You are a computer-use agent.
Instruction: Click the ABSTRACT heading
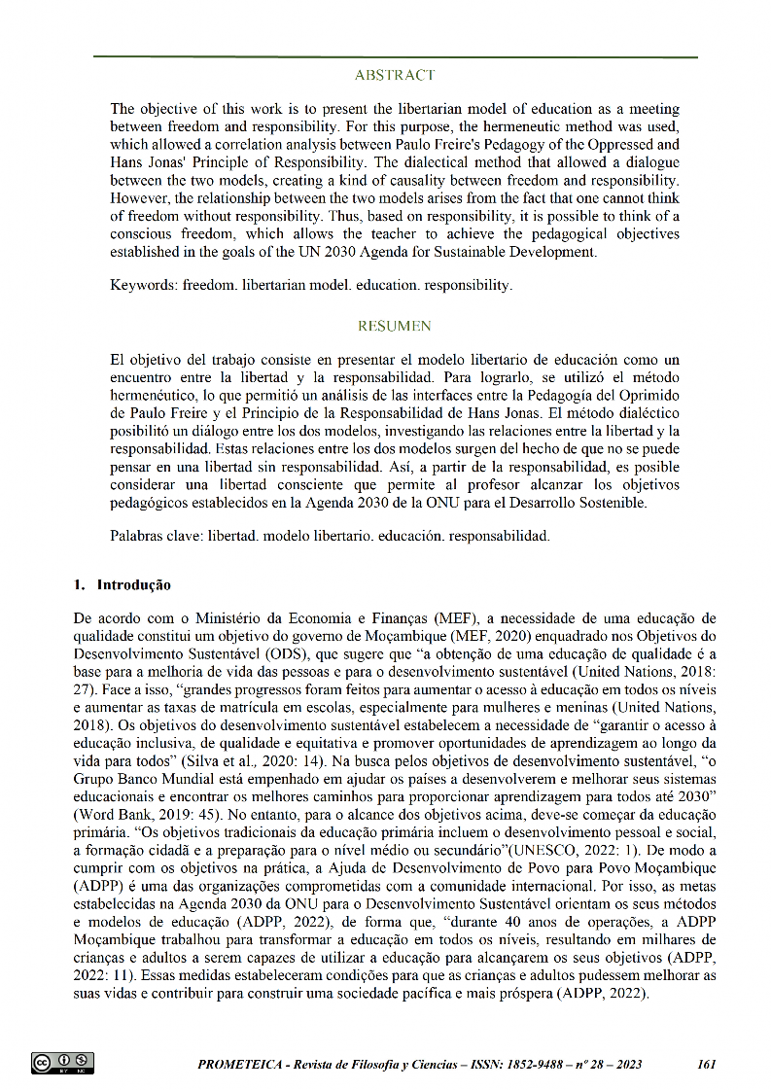[395, 75]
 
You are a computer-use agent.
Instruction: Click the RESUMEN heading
[395, 326]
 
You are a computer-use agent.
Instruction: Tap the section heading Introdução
[133, 585]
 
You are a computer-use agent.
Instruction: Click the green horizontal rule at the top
[395, 57]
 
